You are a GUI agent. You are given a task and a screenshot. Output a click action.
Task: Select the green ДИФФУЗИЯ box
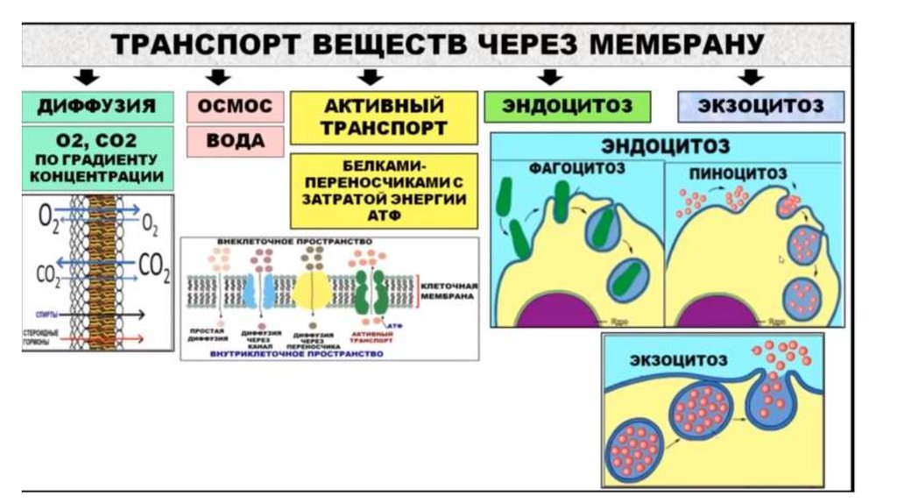[x=96, y=106]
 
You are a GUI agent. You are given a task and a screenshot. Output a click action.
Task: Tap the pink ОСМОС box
[x=235, y=106]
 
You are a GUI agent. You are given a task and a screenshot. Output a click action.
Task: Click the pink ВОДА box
[x=235, y=140]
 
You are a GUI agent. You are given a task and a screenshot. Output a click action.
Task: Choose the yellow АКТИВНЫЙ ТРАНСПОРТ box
[x=384, y=117]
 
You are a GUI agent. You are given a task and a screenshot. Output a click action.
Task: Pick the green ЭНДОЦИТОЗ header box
[x=567, y=106]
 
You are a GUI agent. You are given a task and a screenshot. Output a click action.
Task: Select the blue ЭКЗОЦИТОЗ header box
[x=761, y=106]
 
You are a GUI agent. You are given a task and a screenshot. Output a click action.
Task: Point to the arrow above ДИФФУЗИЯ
[x=85, y=76]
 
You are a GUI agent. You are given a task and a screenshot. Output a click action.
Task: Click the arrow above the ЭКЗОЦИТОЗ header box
[x=751, y=76]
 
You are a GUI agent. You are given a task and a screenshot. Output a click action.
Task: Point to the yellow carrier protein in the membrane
[x=310, y=290]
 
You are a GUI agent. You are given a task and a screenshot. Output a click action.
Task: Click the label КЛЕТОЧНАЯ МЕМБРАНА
[x=448, y=292]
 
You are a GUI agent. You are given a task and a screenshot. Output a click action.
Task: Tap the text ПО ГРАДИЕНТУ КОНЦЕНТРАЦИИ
[x=96, y=168]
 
